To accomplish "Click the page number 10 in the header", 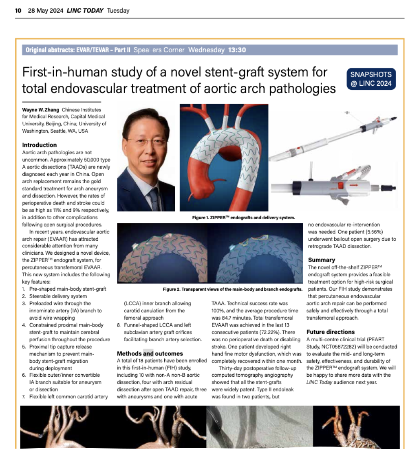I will (18, 11).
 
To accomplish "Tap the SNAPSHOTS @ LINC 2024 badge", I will (370, 79).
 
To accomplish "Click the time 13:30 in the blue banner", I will (237, 50).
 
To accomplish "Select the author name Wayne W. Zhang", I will (41, 110).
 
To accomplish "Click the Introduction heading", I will (40, 145).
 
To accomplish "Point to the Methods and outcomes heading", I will (150, 353).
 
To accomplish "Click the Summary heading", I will (321, 260).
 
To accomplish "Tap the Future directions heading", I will (331, 332).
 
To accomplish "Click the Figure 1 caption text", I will (243, 218).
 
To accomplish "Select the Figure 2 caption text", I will (232, 289).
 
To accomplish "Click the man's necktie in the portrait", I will (154, 198).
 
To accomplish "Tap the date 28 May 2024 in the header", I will (45, 11).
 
